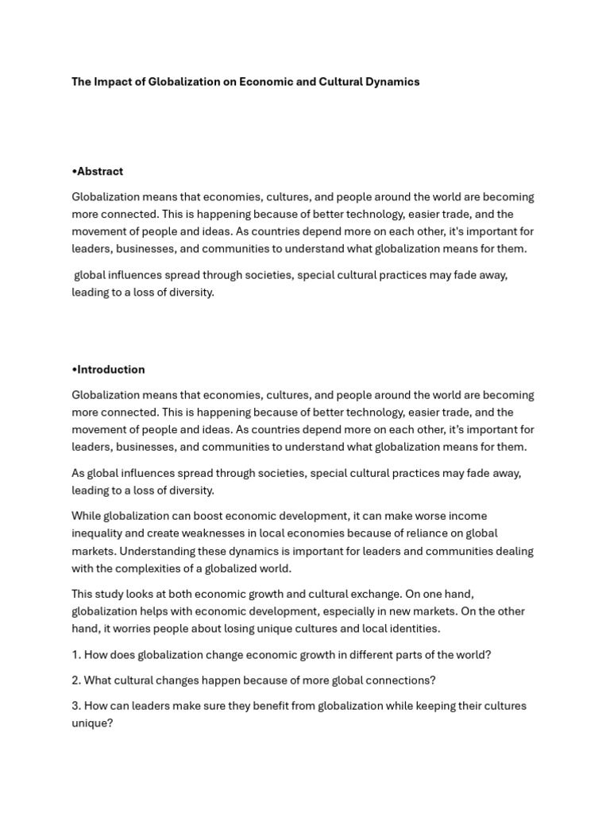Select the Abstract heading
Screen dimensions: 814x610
click(100, 172)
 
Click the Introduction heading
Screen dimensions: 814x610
click(111, 370)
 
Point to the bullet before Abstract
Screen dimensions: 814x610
click(74, 172)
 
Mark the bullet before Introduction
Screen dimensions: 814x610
click(74, 370)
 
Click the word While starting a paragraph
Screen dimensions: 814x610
click(87, 516)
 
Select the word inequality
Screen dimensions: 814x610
click(99, 533)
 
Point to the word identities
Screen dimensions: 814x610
click(413, 629)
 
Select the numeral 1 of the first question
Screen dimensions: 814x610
click(75, 655)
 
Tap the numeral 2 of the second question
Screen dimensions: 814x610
click(75, 680)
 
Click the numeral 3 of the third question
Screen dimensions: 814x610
click(75, 706)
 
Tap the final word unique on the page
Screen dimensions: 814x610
click(91, 723)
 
